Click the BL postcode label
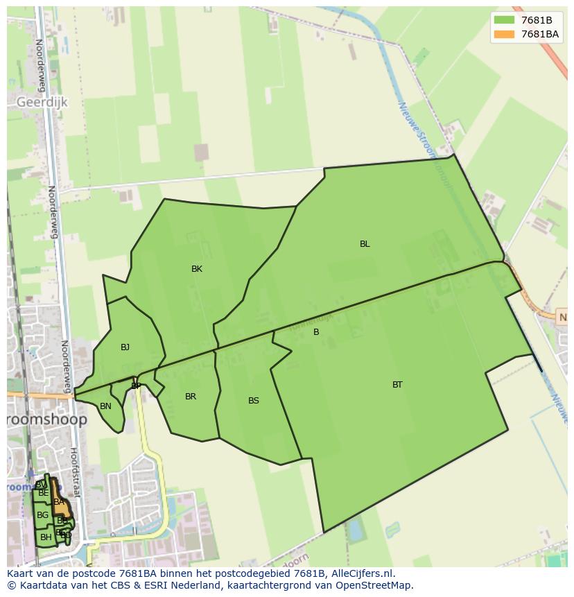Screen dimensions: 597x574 point(365,244)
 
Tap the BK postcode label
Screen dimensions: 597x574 point(197,269)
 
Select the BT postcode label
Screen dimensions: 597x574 point(397,385)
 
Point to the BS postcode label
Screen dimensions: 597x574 point(254,401)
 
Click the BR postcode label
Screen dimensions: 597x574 point(191,397)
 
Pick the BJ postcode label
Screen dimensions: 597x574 point(125,347)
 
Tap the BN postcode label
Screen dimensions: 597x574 point(105,406)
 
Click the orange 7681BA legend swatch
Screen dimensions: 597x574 point(504,34)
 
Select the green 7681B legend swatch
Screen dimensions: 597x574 point(504,20)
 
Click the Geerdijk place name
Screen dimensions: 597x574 point(42,102)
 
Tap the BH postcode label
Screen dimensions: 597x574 point(46,537)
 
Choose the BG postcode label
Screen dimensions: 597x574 point(43,515)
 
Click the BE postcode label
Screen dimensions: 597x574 point(44,493)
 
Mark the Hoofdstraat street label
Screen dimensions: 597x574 point(75,471)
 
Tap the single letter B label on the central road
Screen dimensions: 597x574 point(316,332)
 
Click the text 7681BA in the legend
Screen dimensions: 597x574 point(540,34)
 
